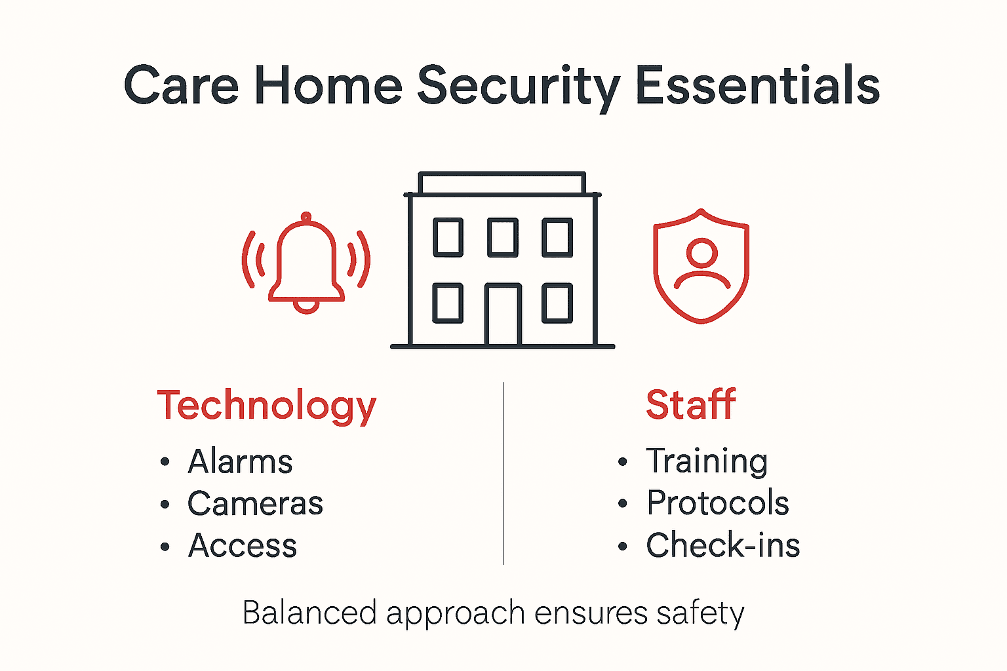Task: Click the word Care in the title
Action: point(181,86)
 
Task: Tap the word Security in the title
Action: point(518,86)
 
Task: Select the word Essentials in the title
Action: point(757,86)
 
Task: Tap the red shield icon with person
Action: point(701,266)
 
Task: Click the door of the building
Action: point(503,315)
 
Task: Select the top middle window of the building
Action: point(503,237)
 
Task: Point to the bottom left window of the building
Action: point(448,303)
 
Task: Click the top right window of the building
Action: point(557,237)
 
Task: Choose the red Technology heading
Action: point(267,406)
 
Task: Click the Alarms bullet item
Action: point(240,461)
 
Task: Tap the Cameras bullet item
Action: point(255,503)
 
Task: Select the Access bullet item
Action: point(243,545)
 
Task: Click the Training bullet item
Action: point(707,461)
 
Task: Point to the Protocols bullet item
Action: point(718,503)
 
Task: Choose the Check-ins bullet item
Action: point(723,545)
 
